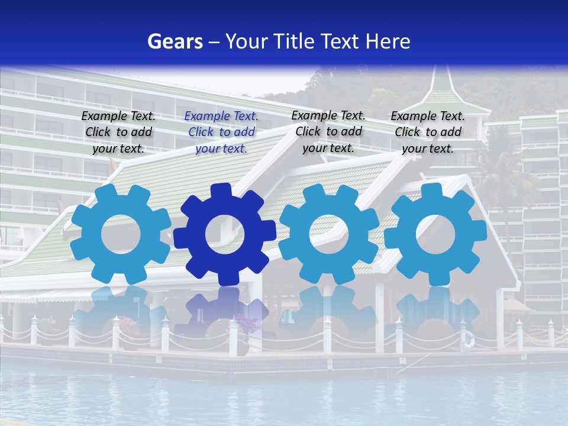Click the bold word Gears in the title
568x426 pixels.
pos(175,41)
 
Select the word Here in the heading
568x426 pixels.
pos(388,41)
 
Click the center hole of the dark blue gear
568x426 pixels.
pos(225,235)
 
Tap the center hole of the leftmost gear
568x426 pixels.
pos(121,234)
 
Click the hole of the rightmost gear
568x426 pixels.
pos(435,234)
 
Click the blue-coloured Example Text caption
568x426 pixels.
pos(221,132)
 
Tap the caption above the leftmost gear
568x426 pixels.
pos(118,132)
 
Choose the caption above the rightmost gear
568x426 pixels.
pos(428,132)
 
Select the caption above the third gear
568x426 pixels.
pos(328,131)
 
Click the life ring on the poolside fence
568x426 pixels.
pos(468,339)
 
